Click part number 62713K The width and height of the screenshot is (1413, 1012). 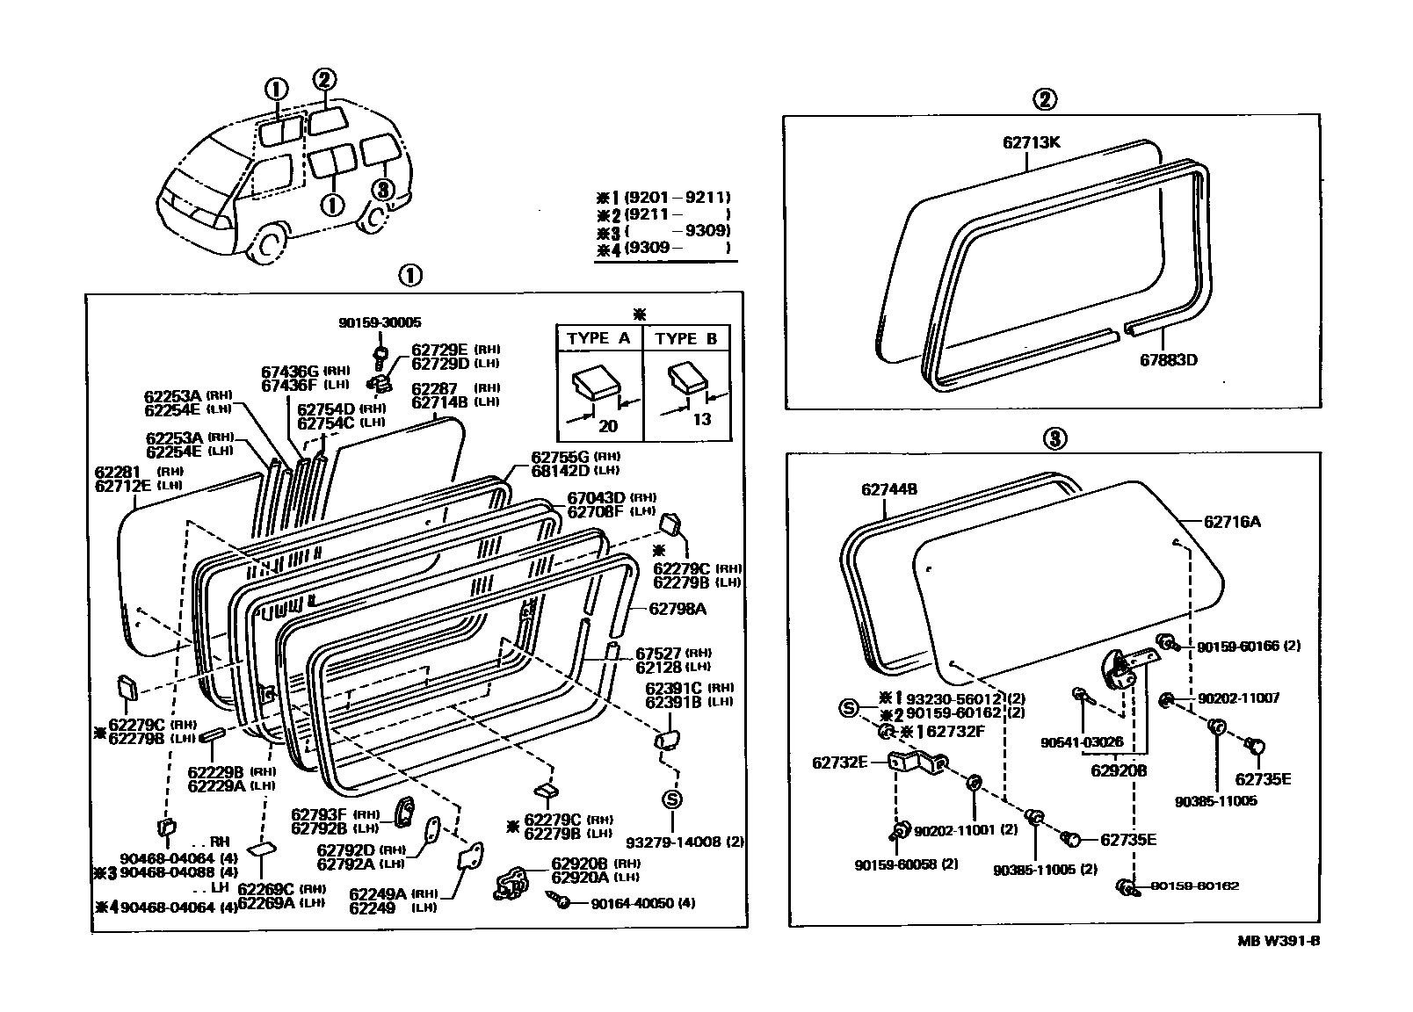1031,141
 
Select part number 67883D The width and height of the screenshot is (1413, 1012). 1169,359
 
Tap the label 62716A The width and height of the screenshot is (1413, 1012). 1232,522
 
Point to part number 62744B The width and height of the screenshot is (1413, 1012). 889,489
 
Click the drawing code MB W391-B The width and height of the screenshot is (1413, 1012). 1279,941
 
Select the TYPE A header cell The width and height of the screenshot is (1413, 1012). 599,339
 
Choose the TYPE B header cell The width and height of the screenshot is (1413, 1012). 687,339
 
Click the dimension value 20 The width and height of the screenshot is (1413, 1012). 607,426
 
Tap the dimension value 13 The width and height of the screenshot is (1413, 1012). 701,419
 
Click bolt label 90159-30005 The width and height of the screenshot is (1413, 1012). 380,323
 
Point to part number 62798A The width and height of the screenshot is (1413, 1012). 678,608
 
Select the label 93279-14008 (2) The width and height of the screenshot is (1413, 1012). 698,842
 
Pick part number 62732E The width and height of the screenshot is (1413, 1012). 839,763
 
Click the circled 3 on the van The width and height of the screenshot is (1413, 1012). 381,190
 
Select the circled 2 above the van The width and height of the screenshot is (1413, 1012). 324,79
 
